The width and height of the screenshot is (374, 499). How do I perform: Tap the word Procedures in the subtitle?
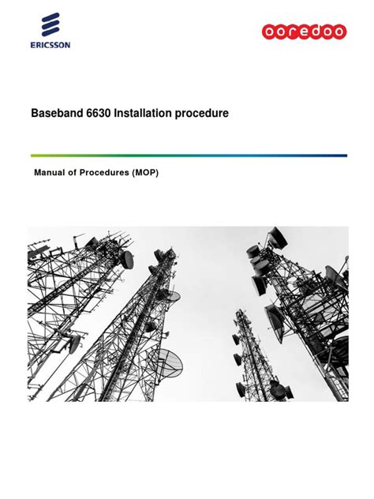[x=100, y=173]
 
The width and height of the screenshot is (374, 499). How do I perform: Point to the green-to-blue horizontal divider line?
[x=188, y=155]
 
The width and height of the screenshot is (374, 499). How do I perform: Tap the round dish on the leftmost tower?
[x=126, y=260]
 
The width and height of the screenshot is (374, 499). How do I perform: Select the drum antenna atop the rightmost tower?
[x=277, y=234]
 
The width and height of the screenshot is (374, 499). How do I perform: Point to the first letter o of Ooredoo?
[x=270, y=32]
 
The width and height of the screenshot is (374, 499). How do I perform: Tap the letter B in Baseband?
[x=36, y=114]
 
